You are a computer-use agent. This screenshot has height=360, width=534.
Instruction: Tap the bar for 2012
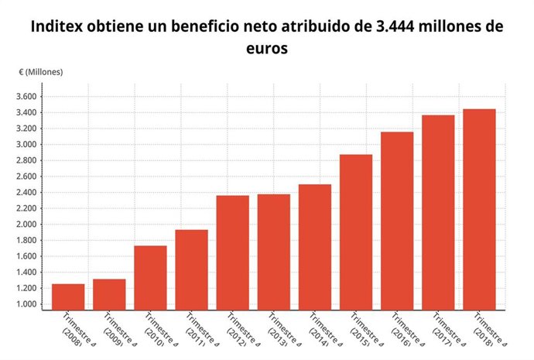[232, 252]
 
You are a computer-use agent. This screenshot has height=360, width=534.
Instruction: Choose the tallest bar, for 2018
[478, 209]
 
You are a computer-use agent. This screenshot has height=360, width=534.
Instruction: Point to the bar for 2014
[314, 247]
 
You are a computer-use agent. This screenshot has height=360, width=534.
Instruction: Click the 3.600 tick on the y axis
[26, 97]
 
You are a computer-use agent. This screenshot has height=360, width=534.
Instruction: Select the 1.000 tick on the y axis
[26, 304]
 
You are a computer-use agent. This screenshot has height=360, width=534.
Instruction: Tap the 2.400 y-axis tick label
[26, 193]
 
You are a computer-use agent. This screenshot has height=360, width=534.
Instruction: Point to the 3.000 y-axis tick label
[26, 145]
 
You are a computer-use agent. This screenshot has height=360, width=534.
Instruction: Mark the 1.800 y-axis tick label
[26, 241]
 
